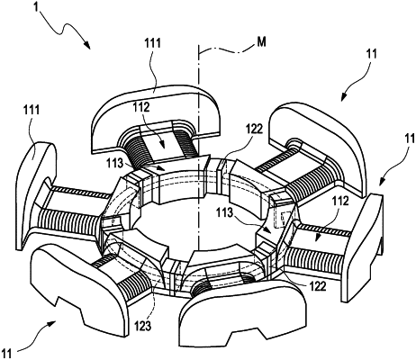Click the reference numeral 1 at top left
(37, 6)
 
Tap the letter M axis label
(261, 42)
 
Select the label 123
(142, 326)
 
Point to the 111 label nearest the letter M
(152, 43)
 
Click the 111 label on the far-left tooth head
(32, 110)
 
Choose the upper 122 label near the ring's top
(254, 129)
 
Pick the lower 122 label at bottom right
(318, 286)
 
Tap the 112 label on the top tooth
(141, 107)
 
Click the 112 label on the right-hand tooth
(340, 201)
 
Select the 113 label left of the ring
(114, 164)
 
